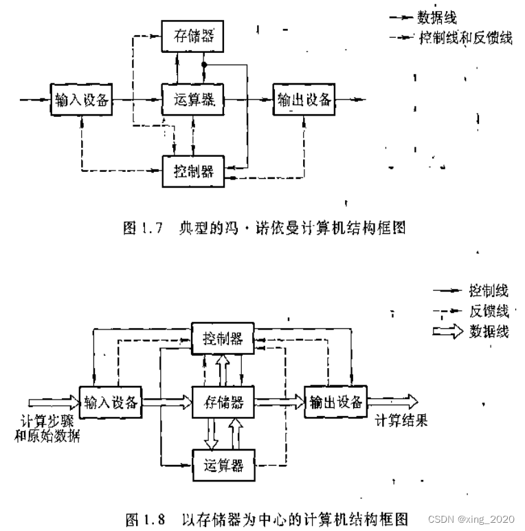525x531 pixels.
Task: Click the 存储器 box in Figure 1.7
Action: (192, 36)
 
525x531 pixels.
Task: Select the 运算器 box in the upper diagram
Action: (192, 100)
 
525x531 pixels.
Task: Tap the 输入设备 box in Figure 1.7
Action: (82, 100)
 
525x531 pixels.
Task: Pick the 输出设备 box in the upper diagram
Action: (303, 100)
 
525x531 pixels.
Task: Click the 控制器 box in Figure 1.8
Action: (223, 338)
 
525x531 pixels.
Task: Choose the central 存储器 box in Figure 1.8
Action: (223, 402)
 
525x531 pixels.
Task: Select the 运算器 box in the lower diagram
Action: (223, 465)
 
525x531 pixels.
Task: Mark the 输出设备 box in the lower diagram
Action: (335, 402)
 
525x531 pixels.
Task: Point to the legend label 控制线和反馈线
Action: (465, 38)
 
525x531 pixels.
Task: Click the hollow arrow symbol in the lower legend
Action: (447, 332)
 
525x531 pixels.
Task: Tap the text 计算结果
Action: (401, 421)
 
